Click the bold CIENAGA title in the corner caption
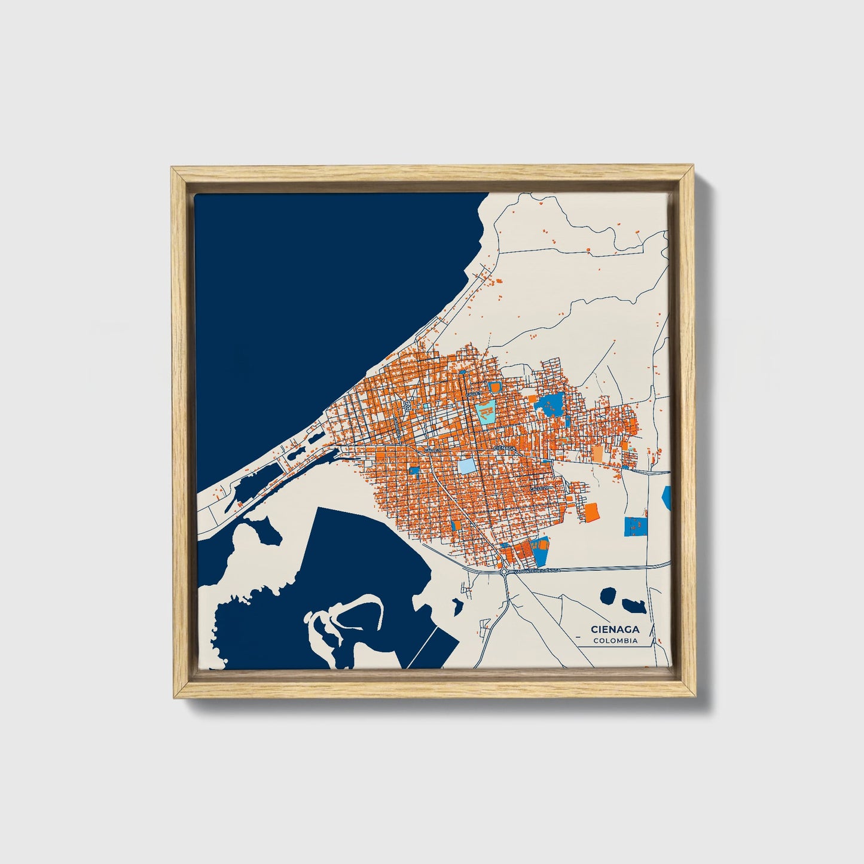[x=615, y=629]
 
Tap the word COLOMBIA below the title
[x=615, y=641]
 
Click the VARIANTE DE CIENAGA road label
[x=533, y=572]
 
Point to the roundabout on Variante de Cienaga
[x=504, y=572]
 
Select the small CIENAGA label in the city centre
[x=505, y=447]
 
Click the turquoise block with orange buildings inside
[x=487, y=412]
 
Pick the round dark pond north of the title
[x=609, y=596]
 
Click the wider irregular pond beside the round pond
[x=633, y=606]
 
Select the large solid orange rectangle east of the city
[x=591, y=512]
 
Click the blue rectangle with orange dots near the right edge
[x=636, y=526]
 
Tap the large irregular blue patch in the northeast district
[x=551, y=405]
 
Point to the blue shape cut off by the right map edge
[x=667, y=497]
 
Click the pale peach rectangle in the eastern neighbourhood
[x=597, y=453]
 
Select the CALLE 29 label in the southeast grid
[x=539, y=489]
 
